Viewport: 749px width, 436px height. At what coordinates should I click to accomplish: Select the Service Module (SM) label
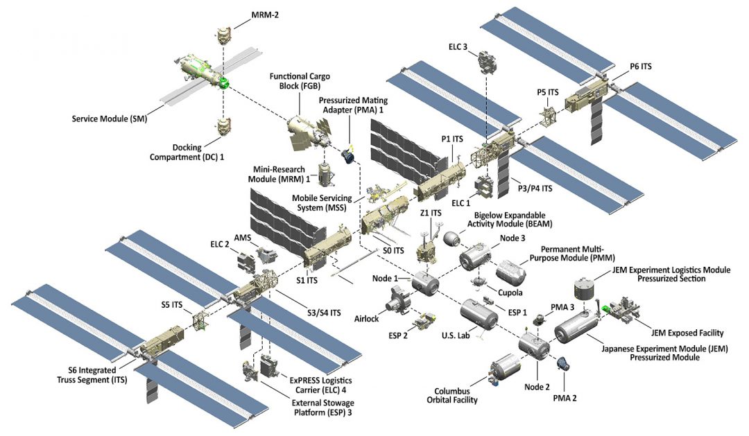click(110, 119)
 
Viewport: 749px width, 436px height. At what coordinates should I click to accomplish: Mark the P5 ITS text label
click(549, 92)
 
